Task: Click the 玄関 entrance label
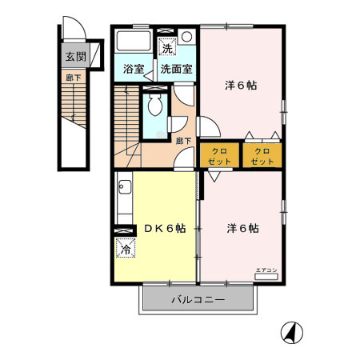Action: [x=76, y=58]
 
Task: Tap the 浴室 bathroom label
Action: [x=134, y=70]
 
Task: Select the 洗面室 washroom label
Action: [x=175, y=70]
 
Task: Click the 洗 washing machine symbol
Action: [x=167, y=45]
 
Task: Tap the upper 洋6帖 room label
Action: [x=239, y=85]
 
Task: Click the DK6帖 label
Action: [x=165, y=228]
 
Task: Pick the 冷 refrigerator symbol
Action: [x=126, y=249]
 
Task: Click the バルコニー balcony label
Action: [x=198, y=302]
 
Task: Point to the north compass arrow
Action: [x=293, y=331]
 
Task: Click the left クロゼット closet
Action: [x=222, y=155]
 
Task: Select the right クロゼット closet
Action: [x=262, y=155]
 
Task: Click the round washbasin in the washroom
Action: [x=186, y=38]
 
